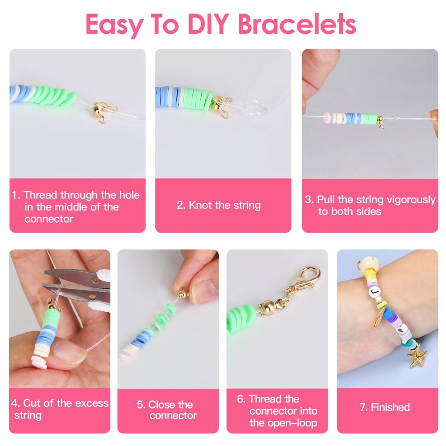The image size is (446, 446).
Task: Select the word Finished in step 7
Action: coord(390,407)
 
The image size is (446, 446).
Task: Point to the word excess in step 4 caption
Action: coord(91,403)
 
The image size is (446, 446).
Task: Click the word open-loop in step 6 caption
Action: coord(283,422)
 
